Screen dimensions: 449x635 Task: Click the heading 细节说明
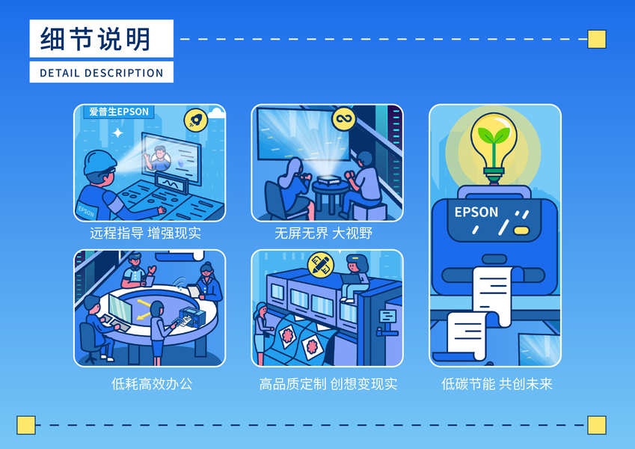click(x=95, y=39)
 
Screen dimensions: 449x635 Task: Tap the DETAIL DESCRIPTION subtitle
click(x=101, y=73)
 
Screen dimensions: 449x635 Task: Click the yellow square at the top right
click(x=596, y=39)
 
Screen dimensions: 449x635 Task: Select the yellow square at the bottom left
click(x=26, y=425)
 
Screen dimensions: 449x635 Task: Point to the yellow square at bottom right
click(x=596, y=425)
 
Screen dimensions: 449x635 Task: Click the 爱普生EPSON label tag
click(x=118, y=112)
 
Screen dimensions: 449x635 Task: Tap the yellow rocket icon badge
click(x=196, y=120)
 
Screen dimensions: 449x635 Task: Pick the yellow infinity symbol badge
click(x=343, y=118)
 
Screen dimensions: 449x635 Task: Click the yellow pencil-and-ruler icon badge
click(x=320, y=264)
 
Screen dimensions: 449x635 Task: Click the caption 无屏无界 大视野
click(x=323, y=233)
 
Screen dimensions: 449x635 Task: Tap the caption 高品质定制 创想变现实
click(x=328, y=385)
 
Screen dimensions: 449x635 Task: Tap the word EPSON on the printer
click(x=476, y=212)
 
